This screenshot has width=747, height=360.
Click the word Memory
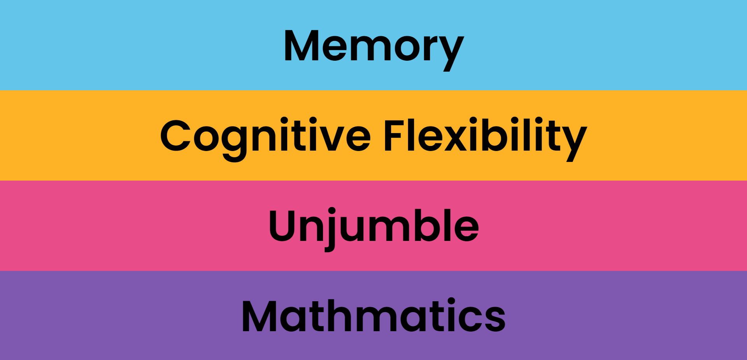(x=373, y=46)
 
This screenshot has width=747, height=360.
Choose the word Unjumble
(x=373, y=226)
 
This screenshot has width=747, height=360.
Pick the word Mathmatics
(x=373, y=316)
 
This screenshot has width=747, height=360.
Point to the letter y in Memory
(x=451, y=51)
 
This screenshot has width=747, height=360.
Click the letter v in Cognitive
(x=331, y=137)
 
